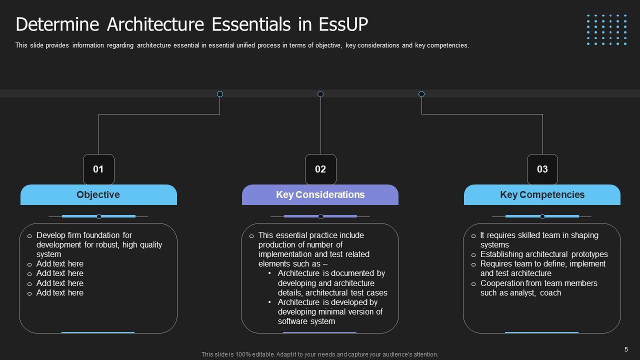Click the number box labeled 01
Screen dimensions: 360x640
98,169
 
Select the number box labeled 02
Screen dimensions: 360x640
320,169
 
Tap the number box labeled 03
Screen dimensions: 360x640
542,169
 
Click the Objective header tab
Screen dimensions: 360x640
98,195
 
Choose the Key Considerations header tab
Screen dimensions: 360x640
320,195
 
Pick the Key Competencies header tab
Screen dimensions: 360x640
542,195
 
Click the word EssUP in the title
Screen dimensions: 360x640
339,24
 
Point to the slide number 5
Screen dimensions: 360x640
626,349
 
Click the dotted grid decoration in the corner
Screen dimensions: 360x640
606,30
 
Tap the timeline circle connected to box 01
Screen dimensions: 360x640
220,94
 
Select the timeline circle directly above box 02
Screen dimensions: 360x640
320,94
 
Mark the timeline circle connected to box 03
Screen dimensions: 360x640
421,94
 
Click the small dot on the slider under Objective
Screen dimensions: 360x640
99,216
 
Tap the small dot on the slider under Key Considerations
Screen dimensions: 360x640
320,216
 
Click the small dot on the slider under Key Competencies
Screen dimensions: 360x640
542,216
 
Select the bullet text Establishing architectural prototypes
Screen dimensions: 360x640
544,254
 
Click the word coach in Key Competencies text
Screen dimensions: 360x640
550,293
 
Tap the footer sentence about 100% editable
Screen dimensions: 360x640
320,354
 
